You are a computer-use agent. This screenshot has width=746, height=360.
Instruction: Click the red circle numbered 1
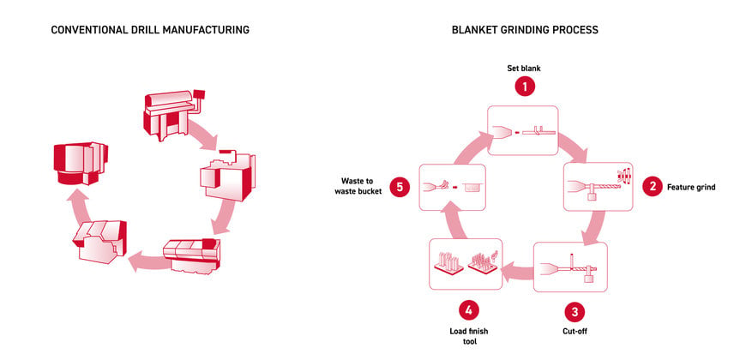tap(524, 87)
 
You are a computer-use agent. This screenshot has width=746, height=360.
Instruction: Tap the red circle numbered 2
tap(652, 186)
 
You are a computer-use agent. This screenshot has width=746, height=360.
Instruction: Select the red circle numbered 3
tap(575, 312)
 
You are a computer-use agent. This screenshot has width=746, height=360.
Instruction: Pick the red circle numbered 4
tap(469, 311)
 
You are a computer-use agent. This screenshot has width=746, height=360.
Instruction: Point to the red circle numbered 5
tap(400, 187)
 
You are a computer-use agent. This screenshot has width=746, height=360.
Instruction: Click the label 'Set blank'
tap(524, 68)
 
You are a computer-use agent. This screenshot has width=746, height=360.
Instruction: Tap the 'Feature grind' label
tap(691, 187)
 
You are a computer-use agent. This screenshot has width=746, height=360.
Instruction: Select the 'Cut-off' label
tap(575, 331)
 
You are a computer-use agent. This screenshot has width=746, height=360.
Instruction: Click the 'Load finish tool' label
tap(469, 336)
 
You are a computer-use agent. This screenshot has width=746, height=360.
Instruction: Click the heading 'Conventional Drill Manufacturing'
tap(150, 30)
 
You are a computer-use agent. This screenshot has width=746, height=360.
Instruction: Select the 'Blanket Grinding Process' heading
tap(525, 30)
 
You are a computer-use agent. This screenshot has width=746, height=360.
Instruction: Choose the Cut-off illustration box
tap(570, 267)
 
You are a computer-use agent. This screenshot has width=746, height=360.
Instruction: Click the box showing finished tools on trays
tap(466, 264)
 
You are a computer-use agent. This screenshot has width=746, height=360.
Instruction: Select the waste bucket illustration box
tap(452, 186)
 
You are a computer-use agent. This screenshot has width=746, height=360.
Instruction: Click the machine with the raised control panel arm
tap(172, 114)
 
